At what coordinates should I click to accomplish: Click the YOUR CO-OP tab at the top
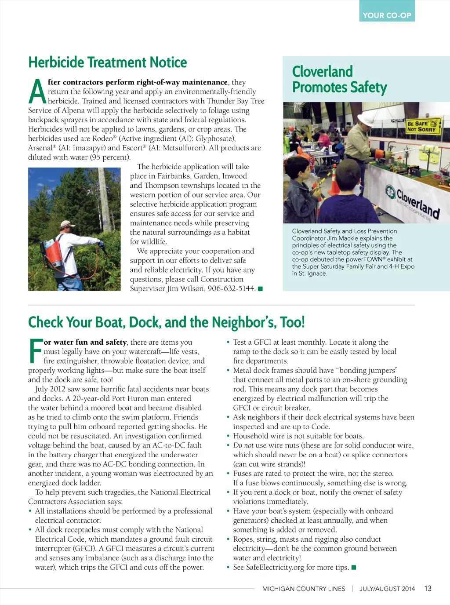pos(387,15)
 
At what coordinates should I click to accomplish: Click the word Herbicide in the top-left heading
pos(57,62)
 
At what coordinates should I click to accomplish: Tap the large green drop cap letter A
pos(37,91)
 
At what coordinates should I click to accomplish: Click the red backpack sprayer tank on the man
pos(53,252)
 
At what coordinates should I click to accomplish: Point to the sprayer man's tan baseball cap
pos(67,225)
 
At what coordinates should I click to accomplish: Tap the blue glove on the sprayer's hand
pos(101,244)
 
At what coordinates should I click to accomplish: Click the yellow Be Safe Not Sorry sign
pos(421,126)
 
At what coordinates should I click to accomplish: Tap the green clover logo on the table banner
pos(390,192)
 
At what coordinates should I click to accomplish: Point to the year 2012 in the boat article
pos(58,389)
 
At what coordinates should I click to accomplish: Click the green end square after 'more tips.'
pos(354,567)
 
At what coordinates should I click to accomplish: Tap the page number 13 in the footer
pos(428,588)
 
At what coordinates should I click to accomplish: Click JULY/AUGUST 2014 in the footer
pos(387,589)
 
